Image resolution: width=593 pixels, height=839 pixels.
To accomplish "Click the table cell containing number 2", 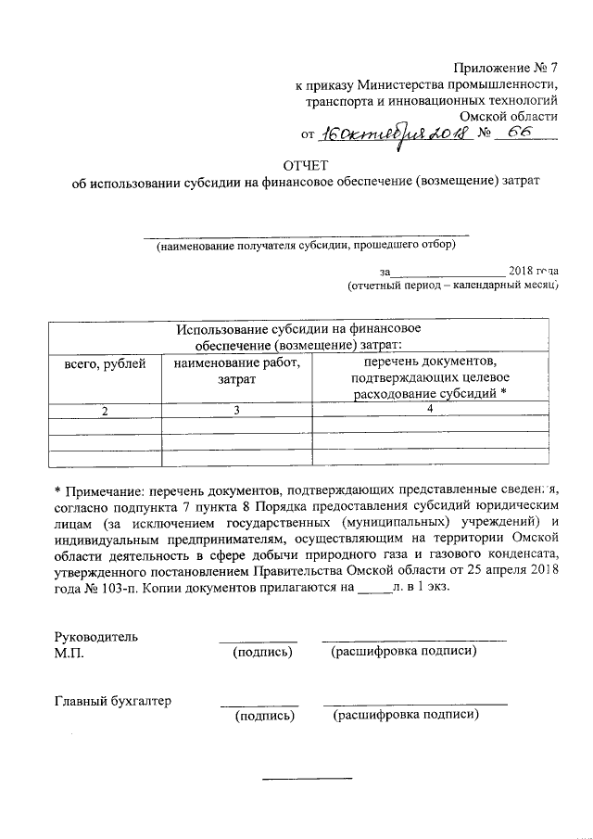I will click(105, 410).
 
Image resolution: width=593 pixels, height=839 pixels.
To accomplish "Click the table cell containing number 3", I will click(237, 410).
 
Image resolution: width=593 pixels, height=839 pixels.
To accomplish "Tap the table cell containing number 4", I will click(431, 409).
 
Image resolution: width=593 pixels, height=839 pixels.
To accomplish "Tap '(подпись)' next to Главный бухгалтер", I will click(266, 716).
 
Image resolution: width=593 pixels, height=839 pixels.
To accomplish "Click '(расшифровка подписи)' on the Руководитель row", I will click(404, 652).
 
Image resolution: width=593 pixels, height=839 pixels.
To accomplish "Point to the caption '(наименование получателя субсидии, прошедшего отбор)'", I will click(306, 246).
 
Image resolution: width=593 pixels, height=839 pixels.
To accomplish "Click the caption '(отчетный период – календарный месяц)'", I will click(452, 286).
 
